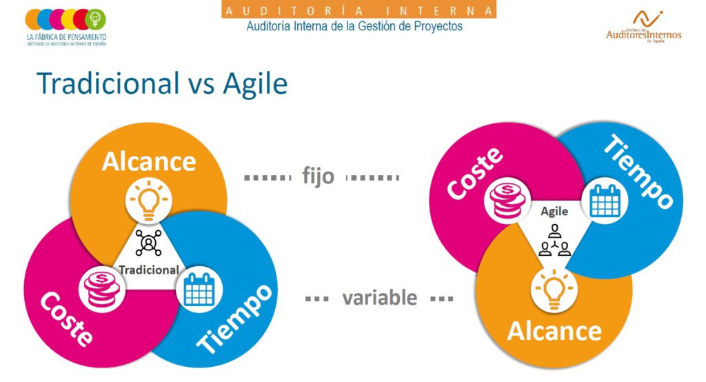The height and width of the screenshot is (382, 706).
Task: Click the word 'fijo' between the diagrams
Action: click(318, 176)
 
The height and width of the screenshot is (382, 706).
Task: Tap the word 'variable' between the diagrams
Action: click(380, 298)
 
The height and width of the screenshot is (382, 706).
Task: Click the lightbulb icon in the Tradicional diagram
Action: click(149, 200)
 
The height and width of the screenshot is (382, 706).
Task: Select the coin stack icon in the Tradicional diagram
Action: click(102, 288)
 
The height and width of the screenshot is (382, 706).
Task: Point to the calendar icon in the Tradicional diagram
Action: click(199, 289)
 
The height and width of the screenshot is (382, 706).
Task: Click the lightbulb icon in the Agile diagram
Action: click(554, 288)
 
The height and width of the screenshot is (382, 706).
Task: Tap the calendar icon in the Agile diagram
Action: click(605, 200)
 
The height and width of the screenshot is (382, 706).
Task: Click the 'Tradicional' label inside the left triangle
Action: click(149, 270)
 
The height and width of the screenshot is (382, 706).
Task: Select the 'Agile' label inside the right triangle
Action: click(554, 211)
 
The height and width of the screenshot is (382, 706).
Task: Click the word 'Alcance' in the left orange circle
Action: click(149, 161)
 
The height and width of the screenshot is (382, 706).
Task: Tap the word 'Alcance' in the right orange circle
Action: click(554, 331)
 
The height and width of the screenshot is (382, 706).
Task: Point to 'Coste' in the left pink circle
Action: click(66, 319)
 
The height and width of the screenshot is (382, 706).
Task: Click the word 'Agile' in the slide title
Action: click(255, 84)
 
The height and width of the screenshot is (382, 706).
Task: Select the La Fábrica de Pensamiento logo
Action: click(66, 27)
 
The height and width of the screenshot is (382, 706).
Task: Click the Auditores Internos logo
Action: click(643, 27)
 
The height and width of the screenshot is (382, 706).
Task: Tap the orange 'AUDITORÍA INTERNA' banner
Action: click(359, 10)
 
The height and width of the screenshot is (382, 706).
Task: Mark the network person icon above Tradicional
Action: click(149, 243)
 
